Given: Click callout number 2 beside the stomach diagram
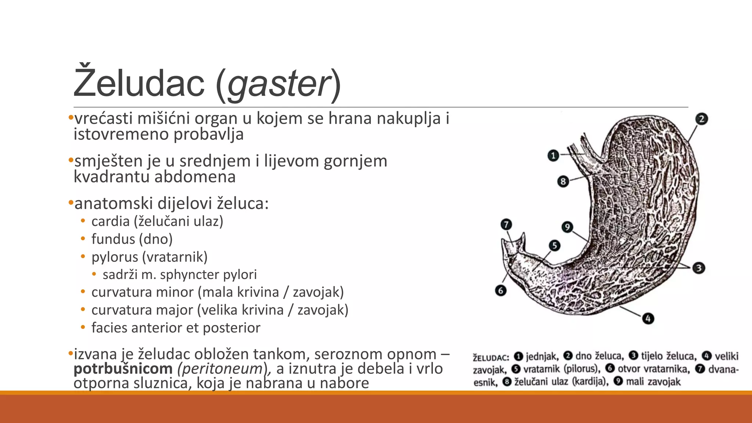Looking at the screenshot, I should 701,119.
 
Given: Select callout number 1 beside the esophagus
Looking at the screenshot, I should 553,156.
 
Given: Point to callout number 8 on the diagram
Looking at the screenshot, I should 563,181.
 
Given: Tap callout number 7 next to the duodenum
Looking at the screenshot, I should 506,224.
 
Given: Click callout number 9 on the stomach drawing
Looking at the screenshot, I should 567,227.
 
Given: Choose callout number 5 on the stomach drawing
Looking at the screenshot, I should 554,245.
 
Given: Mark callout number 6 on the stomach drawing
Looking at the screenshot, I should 501,290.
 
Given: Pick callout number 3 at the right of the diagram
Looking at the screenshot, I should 698,268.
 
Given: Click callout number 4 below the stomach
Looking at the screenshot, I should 648,318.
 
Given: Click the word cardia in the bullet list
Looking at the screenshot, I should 111,221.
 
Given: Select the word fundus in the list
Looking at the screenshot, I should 113,239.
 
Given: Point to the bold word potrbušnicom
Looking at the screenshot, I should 123,369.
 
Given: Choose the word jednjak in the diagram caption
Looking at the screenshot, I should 542,356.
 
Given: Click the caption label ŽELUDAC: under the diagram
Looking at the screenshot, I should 491,357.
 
